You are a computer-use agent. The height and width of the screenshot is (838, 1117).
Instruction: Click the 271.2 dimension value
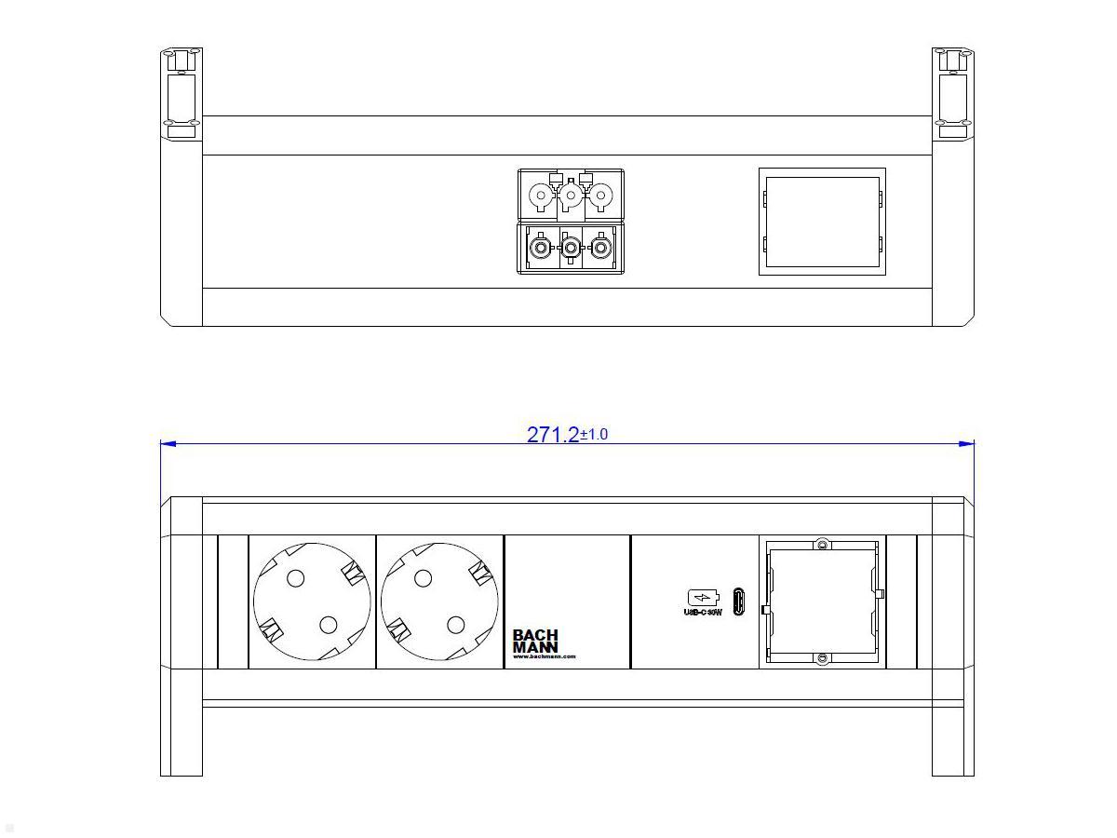(x=552, y=435)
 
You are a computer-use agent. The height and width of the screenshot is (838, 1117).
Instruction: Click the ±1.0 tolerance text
(x=594, y=434)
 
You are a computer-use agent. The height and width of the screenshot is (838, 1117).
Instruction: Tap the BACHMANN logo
(x=535, y=641)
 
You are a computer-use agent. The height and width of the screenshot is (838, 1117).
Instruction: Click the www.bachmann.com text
(x=545, y=656)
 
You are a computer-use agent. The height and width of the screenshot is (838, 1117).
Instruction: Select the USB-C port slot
(x=738, y=601)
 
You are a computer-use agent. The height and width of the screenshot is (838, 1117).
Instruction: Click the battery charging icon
(x=703, y=597)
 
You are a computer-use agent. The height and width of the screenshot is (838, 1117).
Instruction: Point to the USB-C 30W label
(x=703, y=613)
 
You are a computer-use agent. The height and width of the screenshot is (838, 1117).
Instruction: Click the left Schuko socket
(x=312, y=601)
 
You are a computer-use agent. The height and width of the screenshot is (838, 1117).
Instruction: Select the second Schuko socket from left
(x=439, y=601)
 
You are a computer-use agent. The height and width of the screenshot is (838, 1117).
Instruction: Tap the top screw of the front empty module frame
(x=822, y=544)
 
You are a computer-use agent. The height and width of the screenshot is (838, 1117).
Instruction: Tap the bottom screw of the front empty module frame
(x=822, y=659)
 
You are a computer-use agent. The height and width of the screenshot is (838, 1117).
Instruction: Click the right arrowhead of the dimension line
(x=967, y=444)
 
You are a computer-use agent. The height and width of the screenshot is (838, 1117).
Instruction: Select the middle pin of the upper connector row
(x=571, y=196)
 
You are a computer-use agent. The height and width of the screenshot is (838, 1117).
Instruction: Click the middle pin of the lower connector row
(x=571, y=248)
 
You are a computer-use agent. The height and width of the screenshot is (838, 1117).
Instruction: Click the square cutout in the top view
(x=822, y=222)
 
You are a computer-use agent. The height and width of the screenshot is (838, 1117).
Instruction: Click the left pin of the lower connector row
(x=539, y=248)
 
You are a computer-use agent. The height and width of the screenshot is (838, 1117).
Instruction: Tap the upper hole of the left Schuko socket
(x=295, y=578)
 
